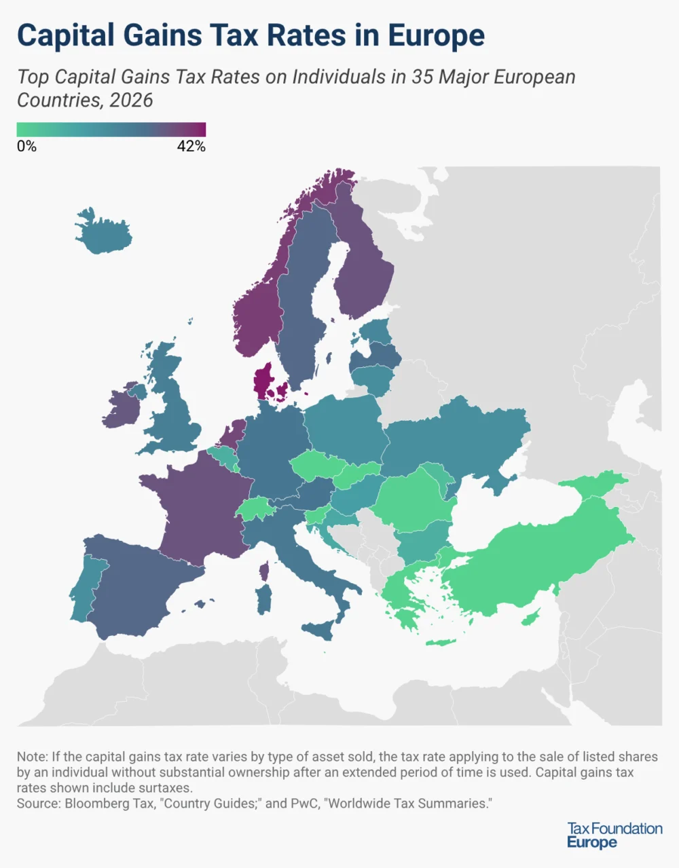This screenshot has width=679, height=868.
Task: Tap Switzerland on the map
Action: click(x=255, y=508)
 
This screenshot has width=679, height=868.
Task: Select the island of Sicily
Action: click(x=318, y=630)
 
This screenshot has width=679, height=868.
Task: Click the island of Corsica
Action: click(x=264, y=571)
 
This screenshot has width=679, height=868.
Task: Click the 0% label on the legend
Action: click(x=26, y=146)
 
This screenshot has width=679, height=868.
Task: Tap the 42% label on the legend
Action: click(x=191, y=146)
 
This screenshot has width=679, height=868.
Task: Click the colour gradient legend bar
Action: click(x=111, y=130)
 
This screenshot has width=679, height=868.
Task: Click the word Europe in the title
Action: click(x=437, y=35)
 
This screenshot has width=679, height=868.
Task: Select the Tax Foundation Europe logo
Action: click(x=614, y=835)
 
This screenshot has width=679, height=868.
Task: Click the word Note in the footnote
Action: click(x=31, y=756)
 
